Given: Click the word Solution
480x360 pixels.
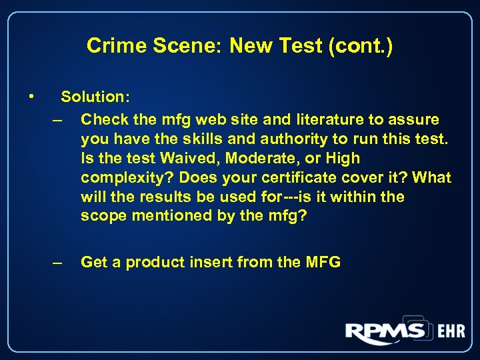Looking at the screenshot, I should (95, 97).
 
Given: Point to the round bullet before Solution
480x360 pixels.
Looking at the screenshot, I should (31, 97).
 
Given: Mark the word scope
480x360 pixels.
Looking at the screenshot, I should (102, 217).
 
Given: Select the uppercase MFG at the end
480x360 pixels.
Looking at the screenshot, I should (323, 263).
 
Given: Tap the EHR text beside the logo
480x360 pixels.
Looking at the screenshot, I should (450, 332).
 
